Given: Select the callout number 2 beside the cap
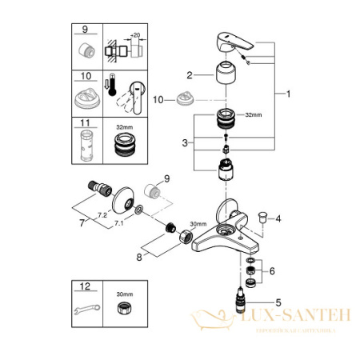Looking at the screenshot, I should [x=190, y=76].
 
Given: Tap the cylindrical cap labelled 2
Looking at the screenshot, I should [x=218, y=82].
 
